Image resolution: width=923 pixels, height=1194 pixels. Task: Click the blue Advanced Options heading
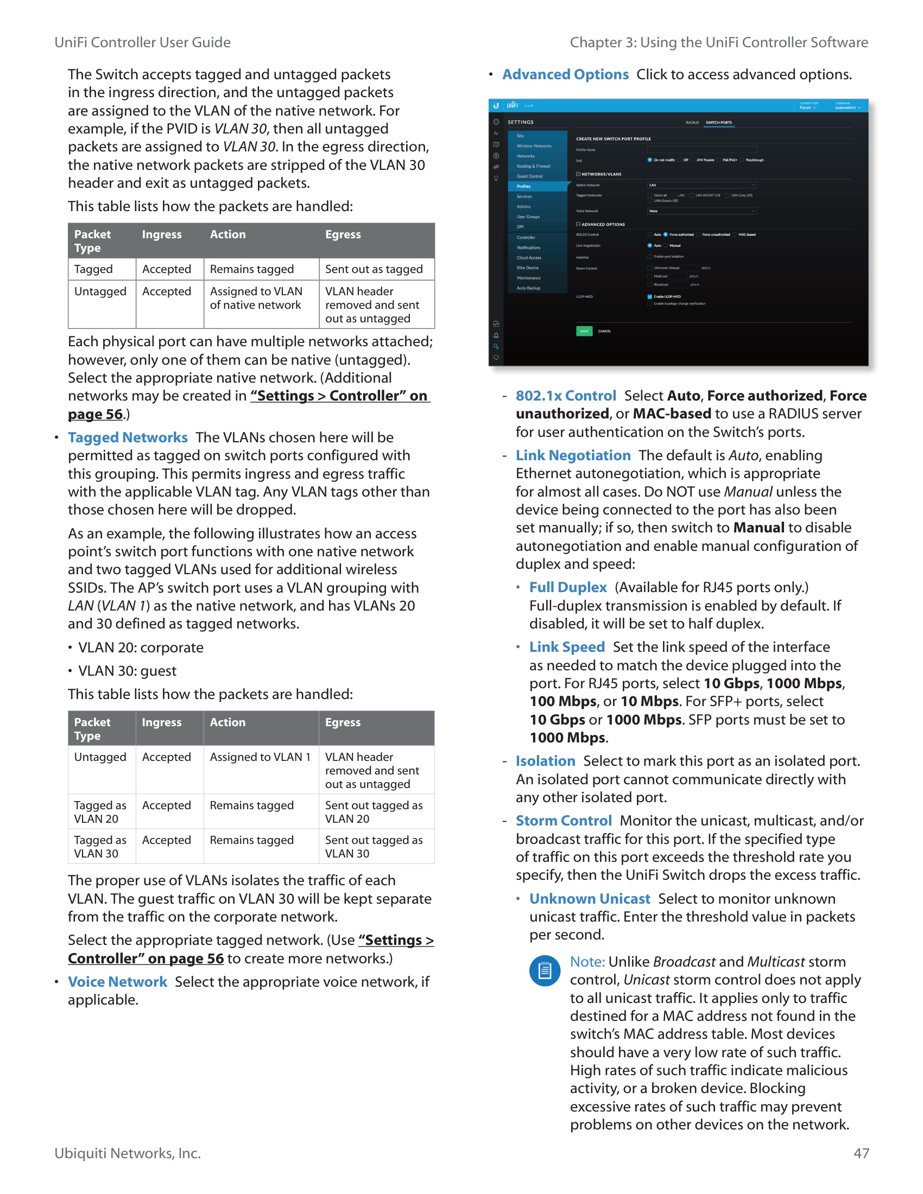click(565, 74)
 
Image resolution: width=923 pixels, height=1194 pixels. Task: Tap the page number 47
click(861, 1153)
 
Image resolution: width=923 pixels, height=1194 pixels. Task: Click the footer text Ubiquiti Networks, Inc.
click(128, 1153)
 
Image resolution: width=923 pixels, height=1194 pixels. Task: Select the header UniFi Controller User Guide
click(142, 42)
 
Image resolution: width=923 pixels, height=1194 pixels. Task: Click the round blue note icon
click(544, 971)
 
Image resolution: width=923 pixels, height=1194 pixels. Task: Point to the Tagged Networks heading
click(128, 437)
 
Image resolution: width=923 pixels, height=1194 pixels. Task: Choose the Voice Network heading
click(117, 982)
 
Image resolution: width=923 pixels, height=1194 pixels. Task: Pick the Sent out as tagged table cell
click(374, 269)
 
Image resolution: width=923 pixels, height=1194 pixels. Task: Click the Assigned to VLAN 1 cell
click(260, 757)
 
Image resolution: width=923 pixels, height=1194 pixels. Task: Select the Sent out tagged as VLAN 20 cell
click(374, 812)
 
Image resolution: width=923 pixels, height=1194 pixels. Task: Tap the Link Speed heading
click(566, 647)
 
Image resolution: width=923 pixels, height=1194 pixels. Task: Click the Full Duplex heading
click(567, 587)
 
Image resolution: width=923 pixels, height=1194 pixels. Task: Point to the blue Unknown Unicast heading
click(590, 899)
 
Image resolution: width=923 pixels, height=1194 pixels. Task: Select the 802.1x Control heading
click(565, 396)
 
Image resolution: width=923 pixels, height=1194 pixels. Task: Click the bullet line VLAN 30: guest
click(127, 671)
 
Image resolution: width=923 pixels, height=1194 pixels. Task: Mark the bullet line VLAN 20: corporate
click(141, 647)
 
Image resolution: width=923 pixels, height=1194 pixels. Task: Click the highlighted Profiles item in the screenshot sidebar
click(524, 186)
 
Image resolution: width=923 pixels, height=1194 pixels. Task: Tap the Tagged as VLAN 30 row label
click(100, 847)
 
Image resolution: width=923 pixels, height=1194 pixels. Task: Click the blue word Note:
click(587, 962)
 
